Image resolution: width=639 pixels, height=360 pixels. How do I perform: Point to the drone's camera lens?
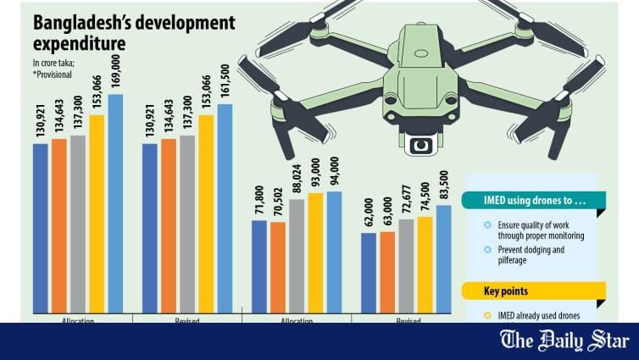pyautogui.click(x=420, y=146)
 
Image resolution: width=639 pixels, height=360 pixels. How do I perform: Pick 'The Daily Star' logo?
pyautogui.click(x=576, y=341)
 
